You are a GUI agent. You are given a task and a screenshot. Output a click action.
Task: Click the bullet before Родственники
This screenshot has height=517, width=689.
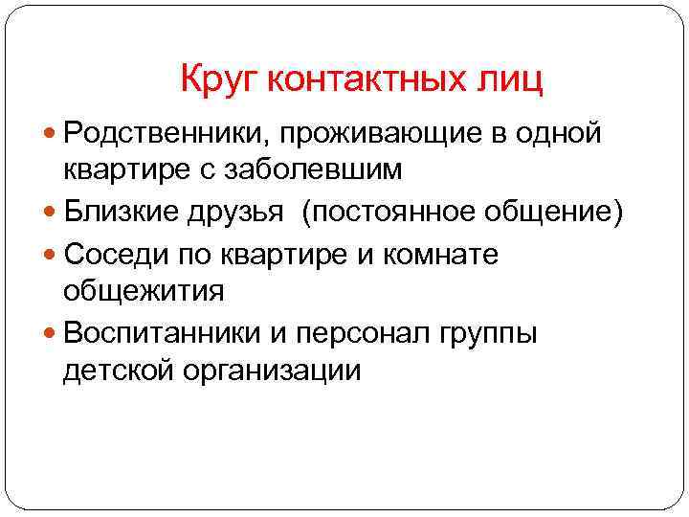[x=51, y=134]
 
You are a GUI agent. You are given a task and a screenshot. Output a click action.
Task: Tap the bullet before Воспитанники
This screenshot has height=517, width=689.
[x=51, y=335]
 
